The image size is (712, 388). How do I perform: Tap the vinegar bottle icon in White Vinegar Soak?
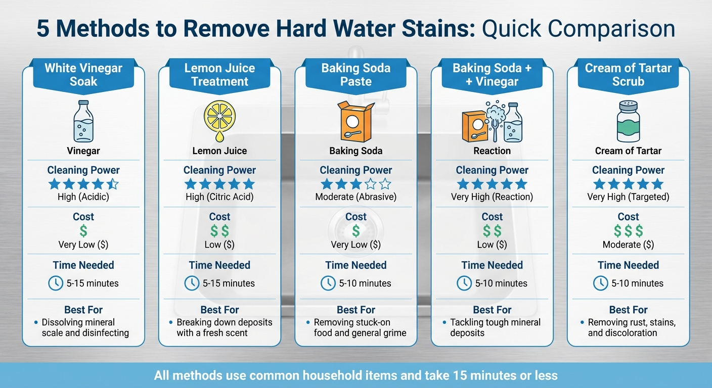click(x=83, y=121)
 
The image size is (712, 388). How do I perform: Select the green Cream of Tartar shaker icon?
click(x=628, y=121)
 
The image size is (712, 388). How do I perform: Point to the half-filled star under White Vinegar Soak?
click(x=113, y=184)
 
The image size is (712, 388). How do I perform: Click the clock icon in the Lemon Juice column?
click(x=192, y=283)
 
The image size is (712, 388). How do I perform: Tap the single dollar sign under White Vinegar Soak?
click(x=83, y=231)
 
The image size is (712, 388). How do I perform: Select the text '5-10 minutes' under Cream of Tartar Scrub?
click(x=637, y=283)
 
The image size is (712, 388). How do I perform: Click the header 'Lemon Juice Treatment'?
click(x=219, y=75)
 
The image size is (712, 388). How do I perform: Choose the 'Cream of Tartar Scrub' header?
click(x=628, y=75)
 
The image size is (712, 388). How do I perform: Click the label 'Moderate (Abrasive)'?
click(x=356, y=197)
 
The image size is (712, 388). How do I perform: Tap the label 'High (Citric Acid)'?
click(x=219, y=197)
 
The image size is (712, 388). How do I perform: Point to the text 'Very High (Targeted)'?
click(x=628, y=197)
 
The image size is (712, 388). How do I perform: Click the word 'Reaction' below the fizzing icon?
click(x=492, y=151)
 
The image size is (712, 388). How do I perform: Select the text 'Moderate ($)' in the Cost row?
click(x=628, y=245)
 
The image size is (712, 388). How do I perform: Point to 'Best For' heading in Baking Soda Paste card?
click(x=356, y=310)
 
